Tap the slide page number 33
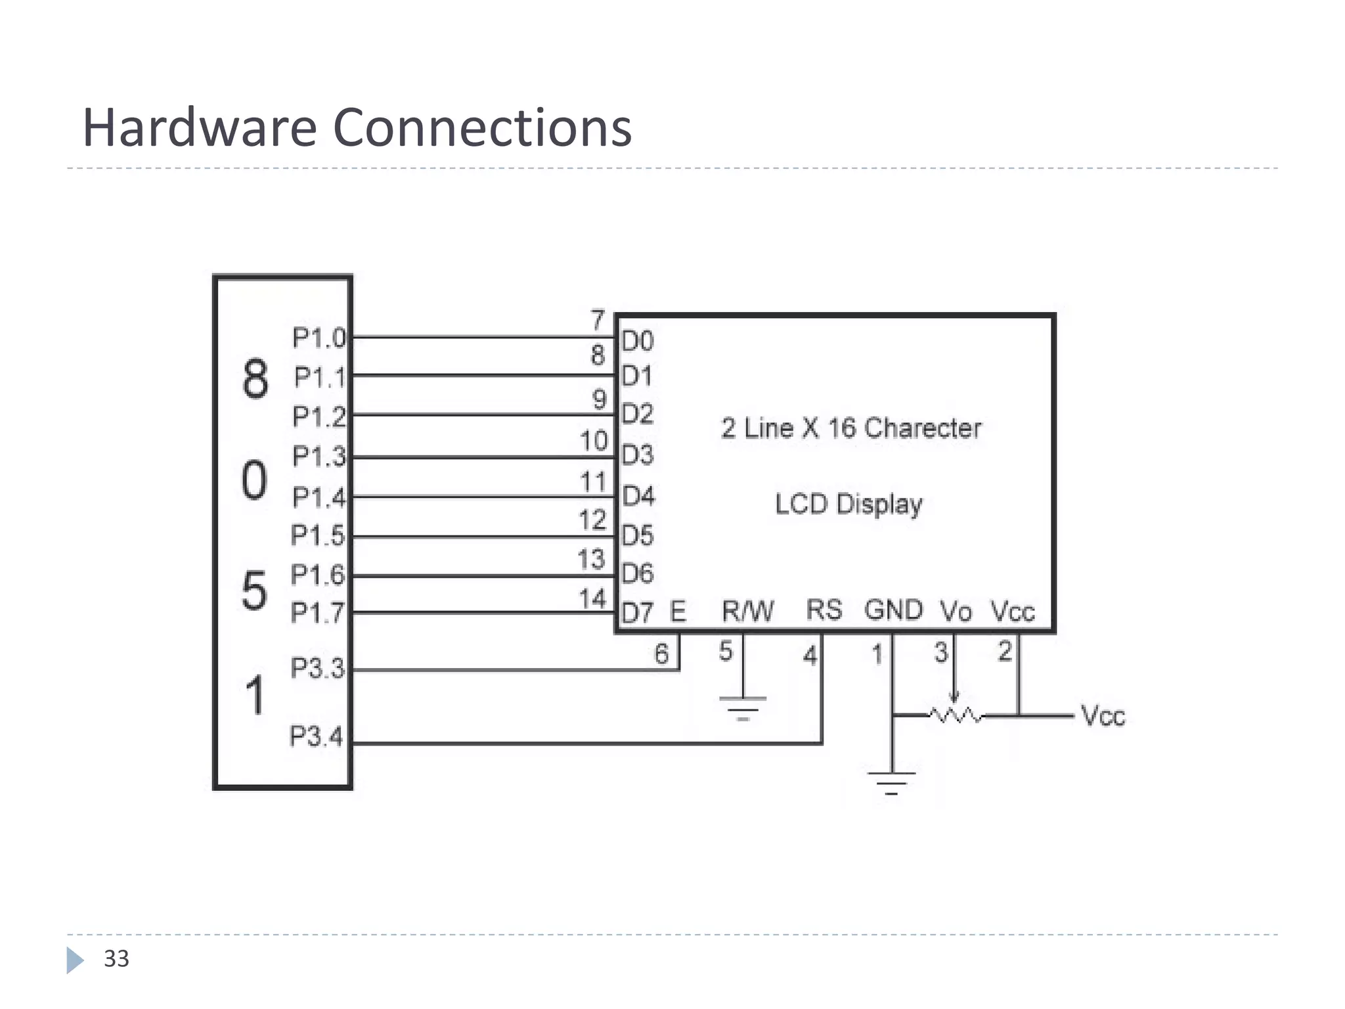[x=116, y=959]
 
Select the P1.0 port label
[x=319, y=338]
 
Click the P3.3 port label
[x=317, y=668]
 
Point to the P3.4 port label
[x=316, y=736]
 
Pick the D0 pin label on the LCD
[x=638, y=342]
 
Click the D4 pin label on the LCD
[x=638, y=496]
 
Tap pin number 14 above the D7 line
[x=592, y=599]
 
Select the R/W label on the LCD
[x=747, y=611]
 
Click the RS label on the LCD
[x=824, y=610]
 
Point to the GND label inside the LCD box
[x=893, y=610]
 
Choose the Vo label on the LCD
[x=956, y=612]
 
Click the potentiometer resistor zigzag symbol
[x=956, y=715]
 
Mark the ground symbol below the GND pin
[x=891, y=782]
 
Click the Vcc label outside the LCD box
[x=1103, y=716]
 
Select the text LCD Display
[x=849, y=504]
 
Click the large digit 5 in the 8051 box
[x=255, y=591]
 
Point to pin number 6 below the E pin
[x=661, y=654]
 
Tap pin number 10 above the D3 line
[x=594, y=441]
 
